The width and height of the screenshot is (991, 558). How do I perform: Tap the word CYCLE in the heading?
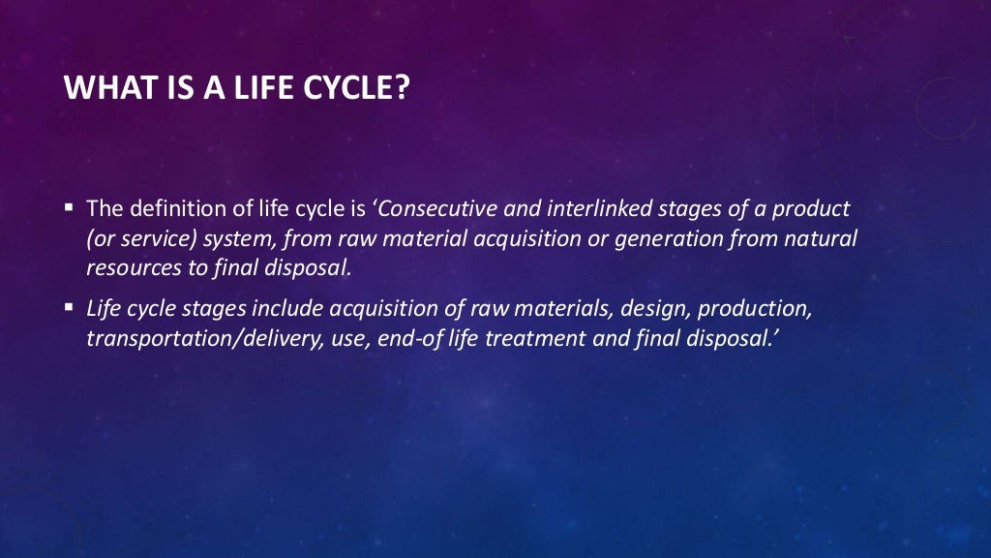(358, 89)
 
